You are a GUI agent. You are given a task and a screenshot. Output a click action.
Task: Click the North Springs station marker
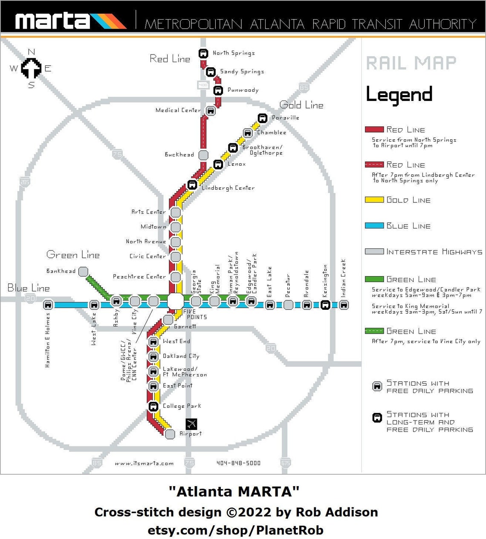[203, 54]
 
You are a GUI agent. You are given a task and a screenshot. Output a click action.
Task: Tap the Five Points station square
[175, 301]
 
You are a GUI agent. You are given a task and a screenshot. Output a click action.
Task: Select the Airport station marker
[170, 434]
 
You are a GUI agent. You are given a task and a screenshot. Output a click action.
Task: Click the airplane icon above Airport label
[192, 424]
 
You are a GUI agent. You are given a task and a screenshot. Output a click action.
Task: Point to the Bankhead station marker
[84, 271]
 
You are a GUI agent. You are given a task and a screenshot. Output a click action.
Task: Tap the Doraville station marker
[263, 118]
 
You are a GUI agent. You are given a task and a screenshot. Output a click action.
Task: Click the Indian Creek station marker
[344, 305]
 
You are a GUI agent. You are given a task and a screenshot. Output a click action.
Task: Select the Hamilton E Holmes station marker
[48, 305]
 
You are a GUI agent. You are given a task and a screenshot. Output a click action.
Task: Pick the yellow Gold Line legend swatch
[374, 199]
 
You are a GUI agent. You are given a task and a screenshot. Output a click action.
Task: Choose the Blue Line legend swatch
[374, 225]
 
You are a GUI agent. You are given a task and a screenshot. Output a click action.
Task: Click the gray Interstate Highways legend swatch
[374, 251]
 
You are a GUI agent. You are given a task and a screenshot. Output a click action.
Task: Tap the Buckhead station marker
[204, 155]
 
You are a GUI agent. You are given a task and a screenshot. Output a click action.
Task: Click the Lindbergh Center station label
[228, 188]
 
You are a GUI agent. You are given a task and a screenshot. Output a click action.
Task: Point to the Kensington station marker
[325, 305]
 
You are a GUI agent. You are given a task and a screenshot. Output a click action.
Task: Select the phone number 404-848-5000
[238, 463]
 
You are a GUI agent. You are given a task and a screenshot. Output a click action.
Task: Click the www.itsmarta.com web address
[144, 463]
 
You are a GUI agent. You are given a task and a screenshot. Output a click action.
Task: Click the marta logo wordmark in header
[52, 21]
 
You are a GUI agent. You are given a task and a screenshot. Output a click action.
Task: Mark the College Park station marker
[153, 406]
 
